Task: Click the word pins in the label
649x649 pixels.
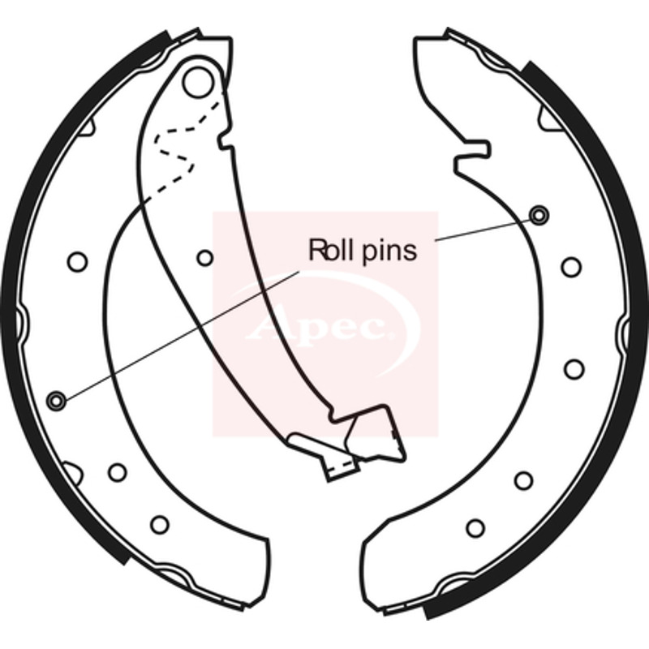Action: (389, 251)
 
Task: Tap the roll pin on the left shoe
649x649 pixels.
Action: (56, 400)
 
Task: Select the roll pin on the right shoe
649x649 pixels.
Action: (539, 215)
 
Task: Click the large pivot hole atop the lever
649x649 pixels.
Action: (199, 83)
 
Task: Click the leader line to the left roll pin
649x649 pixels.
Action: (182, 336)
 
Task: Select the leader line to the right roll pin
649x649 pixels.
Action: (483, 230)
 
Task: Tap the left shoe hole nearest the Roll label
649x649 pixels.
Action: (204, 258)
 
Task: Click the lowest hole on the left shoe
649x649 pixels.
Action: (160, 524)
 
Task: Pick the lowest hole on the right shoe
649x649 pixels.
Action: (475, 528)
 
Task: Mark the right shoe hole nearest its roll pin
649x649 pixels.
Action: (571, 268)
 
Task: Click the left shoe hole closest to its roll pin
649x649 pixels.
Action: (117, 472)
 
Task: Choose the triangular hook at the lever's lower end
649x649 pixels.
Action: (375, 435)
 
